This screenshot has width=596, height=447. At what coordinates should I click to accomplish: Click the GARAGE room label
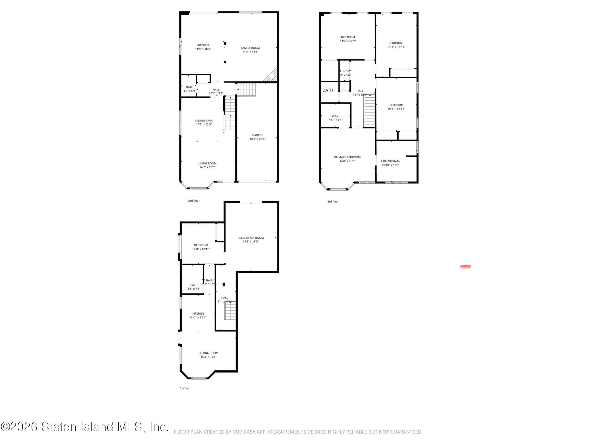[257, 135]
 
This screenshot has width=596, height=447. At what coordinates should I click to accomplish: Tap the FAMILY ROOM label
[250, 48]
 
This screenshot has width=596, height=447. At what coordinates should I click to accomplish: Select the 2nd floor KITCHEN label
[203, 45]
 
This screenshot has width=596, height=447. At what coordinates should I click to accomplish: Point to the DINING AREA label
[204, 120]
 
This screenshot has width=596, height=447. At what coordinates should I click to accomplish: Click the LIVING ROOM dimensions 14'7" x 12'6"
[207, 167]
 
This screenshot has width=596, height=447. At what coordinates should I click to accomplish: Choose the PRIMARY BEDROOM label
[347, 157]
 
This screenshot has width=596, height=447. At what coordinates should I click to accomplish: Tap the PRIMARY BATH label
[390, 161]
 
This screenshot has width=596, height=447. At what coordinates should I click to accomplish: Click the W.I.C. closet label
[335, 116]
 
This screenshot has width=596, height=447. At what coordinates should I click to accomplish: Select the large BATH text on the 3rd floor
[328, 90]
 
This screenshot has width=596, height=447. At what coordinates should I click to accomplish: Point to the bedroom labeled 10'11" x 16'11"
[395, 45]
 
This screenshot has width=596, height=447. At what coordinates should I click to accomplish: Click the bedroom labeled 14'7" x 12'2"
[347, 39]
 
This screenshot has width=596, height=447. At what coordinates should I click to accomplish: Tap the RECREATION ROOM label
[250, 238]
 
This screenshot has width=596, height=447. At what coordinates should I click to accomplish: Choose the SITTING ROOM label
[208, 353]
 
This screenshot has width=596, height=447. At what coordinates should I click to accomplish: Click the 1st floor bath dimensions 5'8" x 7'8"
[194, 289]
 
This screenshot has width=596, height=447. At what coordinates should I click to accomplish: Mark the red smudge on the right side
[465, 266]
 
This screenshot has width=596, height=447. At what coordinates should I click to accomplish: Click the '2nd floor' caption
[193, 201]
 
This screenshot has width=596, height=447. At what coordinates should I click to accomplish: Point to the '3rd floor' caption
[333, 201]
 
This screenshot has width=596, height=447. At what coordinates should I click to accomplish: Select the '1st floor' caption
[185, 388]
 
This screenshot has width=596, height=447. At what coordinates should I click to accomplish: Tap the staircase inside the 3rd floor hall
[370, 110]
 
